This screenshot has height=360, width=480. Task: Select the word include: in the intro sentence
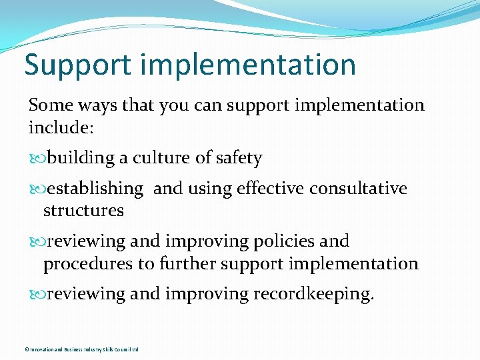(56, 127)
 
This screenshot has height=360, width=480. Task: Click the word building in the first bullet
(81, 159)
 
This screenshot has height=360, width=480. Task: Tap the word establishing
(95, 189)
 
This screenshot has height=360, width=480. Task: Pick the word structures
(83, 211)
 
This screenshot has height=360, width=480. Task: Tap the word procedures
(88, 264)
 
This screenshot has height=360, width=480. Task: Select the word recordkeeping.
(313, 294)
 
